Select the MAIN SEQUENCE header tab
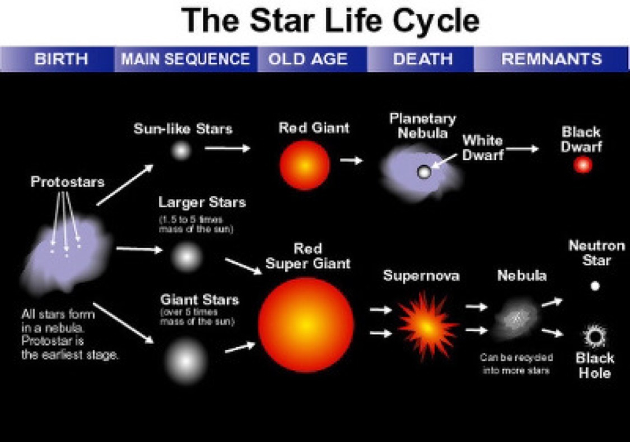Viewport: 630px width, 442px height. point(185,59)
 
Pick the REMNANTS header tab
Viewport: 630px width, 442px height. point(551,59)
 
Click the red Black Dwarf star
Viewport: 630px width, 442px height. point(582,165)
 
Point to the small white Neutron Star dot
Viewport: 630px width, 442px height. point(595,286)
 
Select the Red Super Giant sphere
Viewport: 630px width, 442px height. point(306,325)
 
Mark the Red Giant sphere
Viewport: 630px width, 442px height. point(305,165)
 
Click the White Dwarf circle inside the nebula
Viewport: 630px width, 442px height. point(424,173)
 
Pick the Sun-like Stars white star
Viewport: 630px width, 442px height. point(181,151)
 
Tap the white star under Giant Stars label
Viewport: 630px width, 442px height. point(185,361)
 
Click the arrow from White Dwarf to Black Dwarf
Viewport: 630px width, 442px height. point(522,149)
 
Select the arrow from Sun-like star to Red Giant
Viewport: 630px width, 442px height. point(227,148)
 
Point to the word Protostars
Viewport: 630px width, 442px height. point(68,182)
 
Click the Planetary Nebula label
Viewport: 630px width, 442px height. point(423,126)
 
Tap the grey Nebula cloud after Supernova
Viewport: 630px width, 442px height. point(516,319)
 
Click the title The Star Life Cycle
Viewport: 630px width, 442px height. point(330,20)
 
